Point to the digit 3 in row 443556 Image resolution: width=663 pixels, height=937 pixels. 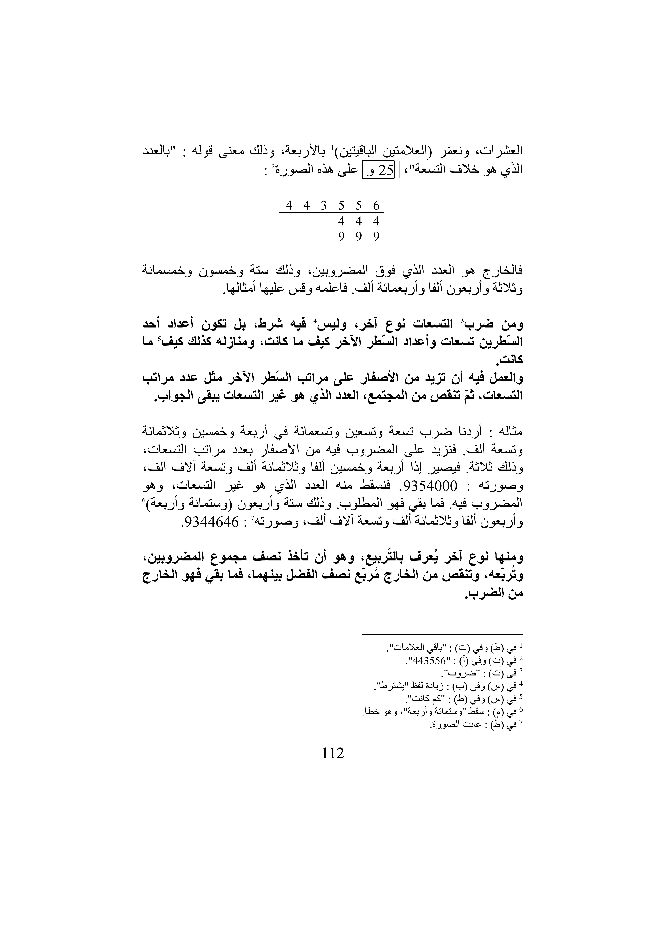324,205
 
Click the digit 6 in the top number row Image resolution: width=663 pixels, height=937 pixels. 376,205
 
